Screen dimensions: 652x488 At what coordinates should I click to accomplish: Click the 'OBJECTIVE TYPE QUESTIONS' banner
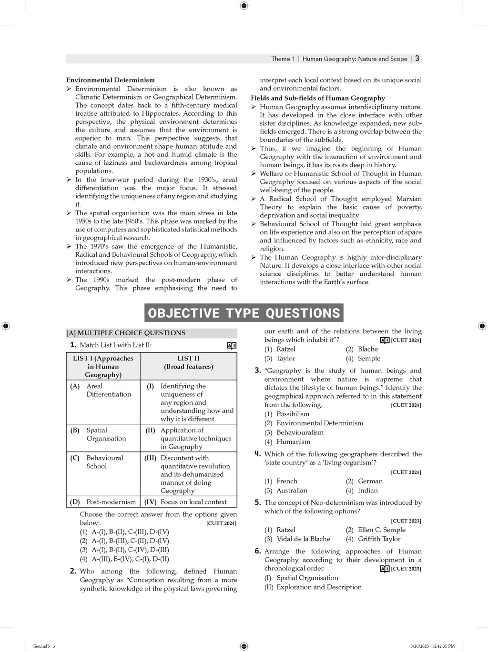pyautogui.click(x=244, y=313)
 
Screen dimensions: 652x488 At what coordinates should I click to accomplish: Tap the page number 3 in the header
pyautogui.click(x=417, y=59)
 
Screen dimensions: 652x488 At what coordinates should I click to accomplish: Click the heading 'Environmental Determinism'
pyautogui.click(x=110, y=80)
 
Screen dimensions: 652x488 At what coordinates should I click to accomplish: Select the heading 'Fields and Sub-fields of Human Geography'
pyautogui.click(x=318, y=98)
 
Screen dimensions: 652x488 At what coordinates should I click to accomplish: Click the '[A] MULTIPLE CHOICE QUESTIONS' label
pyautogui.click(x=126, y=333)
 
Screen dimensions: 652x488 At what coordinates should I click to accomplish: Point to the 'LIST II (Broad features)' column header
pyautogui.click(x=188, y=362)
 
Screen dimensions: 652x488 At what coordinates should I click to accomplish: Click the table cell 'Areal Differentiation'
pyautogui.click(x=108, y=390)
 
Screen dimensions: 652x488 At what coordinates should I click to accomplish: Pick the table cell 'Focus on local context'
pyautogui.click(x=193, y=502)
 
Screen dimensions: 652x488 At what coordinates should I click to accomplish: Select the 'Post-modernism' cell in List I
pyautogui.click(x=111, y=502)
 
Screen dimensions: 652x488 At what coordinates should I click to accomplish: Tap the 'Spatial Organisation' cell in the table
pyautogui.click(x=106, y=434)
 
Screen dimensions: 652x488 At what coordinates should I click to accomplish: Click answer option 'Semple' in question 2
pyautogui.click(x=369, y=359)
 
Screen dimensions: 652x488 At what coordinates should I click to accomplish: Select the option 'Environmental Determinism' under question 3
pyautogui.click(x=320, y=423)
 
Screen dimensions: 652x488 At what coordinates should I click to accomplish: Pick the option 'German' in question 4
pyautogui.click(x=370, y=481)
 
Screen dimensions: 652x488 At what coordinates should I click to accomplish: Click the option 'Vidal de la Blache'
pyautogui.click(x=303, y=539)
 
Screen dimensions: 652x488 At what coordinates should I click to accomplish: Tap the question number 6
pyautogui.click(x=257, y=552)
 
